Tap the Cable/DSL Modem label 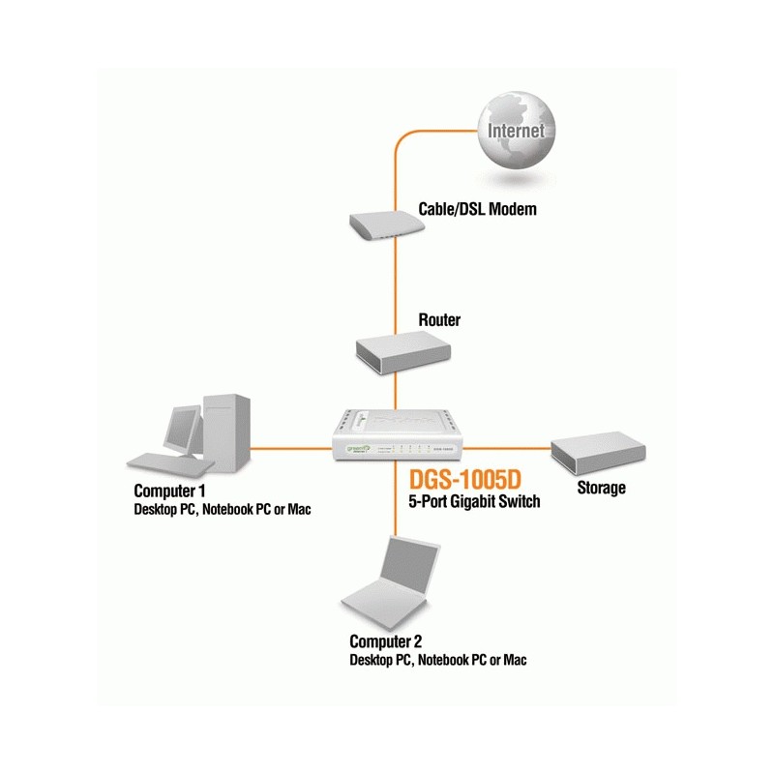click(x=477, y=208)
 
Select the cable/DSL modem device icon click(x=387, y=224)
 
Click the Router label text click(x=439, y=319)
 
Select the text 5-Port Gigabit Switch click(x=468, y=501)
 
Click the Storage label click(x=601, y=488)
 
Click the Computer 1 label click(x=170, y=491)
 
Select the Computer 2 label click(x=386, y=641)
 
